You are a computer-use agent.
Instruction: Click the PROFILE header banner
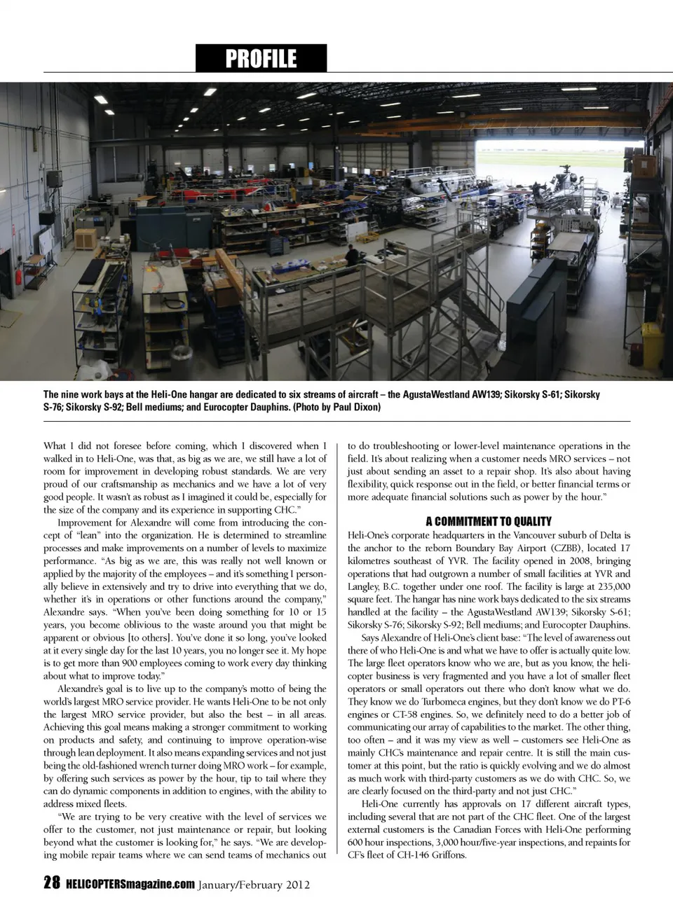click(261, 58)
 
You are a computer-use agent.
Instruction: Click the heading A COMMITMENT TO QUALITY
click(488, 521)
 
